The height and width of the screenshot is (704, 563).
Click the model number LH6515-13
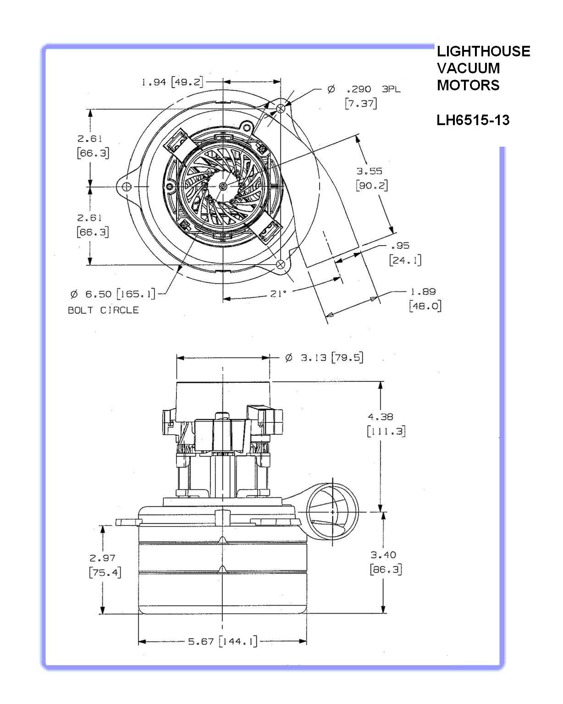473,120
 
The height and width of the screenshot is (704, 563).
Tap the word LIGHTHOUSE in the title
483,51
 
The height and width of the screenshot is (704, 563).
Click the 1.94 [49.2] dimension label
172,82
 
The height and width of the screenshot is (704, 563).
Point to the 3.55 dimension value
370,171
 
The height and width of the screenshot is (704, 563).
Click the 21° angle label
278,294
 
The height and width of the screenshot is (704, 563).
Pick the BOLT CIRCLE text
103,310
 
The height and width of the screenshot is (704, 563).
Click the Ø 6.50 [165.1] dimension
113,294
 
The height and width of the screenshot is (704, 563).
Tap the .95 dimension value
400,246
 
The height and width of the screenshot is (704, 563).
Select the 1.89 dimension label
423,291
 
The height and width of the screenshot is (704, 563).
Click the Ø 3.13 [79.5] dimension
324,357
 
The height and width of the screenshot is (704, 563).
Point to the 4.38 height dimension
381,417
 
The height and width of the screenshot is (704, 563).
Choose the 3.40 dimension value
383,555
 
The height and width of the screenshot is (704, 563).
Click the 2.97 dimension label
102,558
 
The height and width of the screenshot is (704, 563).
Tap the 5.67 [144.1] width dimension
223,641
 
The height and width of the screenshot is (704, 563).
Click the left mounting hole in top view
127,187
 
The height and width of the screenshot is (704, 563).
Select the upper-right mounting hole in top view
281,108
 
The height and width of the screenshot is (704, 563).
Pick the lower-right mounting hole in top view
281,264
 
